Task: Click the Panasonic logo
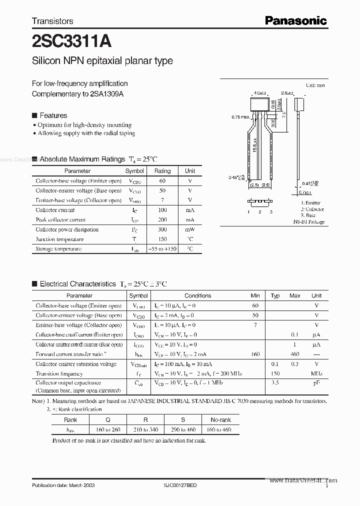pyautogui.click(x=295, y=20)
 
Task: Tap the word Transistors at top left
pyautogui.click(x=52, y=21)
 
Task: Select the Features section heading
pyautogui.click(x=53, y=115)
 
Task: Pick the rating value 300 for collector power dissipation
pyautogui.click(x=162, y=229)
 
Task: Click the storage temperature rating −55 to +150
pyautogui.click(x=162, y=248)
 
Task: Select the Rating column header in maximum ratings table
pyautogui.click(x=162, y=171)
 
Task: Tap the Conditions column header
pyautogui.click(x=198, y=296)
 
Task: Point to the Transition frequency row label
pyautogui.click(x=59, y=373)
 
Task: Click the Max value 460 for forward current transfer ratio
pyautogui.click(x=295, y=354)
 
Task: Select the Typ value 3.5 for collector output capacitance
pyautogui.click(x=275, y=383)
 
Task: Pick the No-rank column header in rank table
pyautogui.click(x=220, y=420)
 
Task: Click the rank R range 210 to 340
pyautogui.click(x=146, y=430)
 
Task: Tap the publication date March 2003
pyautogui.click(x=63, y=485)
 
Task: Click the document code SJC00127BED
pyautogui.click(x=180, y=485)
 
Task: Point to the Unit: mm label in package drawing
pyautogui.click(x=315, y=85)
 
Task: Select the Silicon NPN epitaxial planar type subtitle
pyautogui.click(x=102, y=61)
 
